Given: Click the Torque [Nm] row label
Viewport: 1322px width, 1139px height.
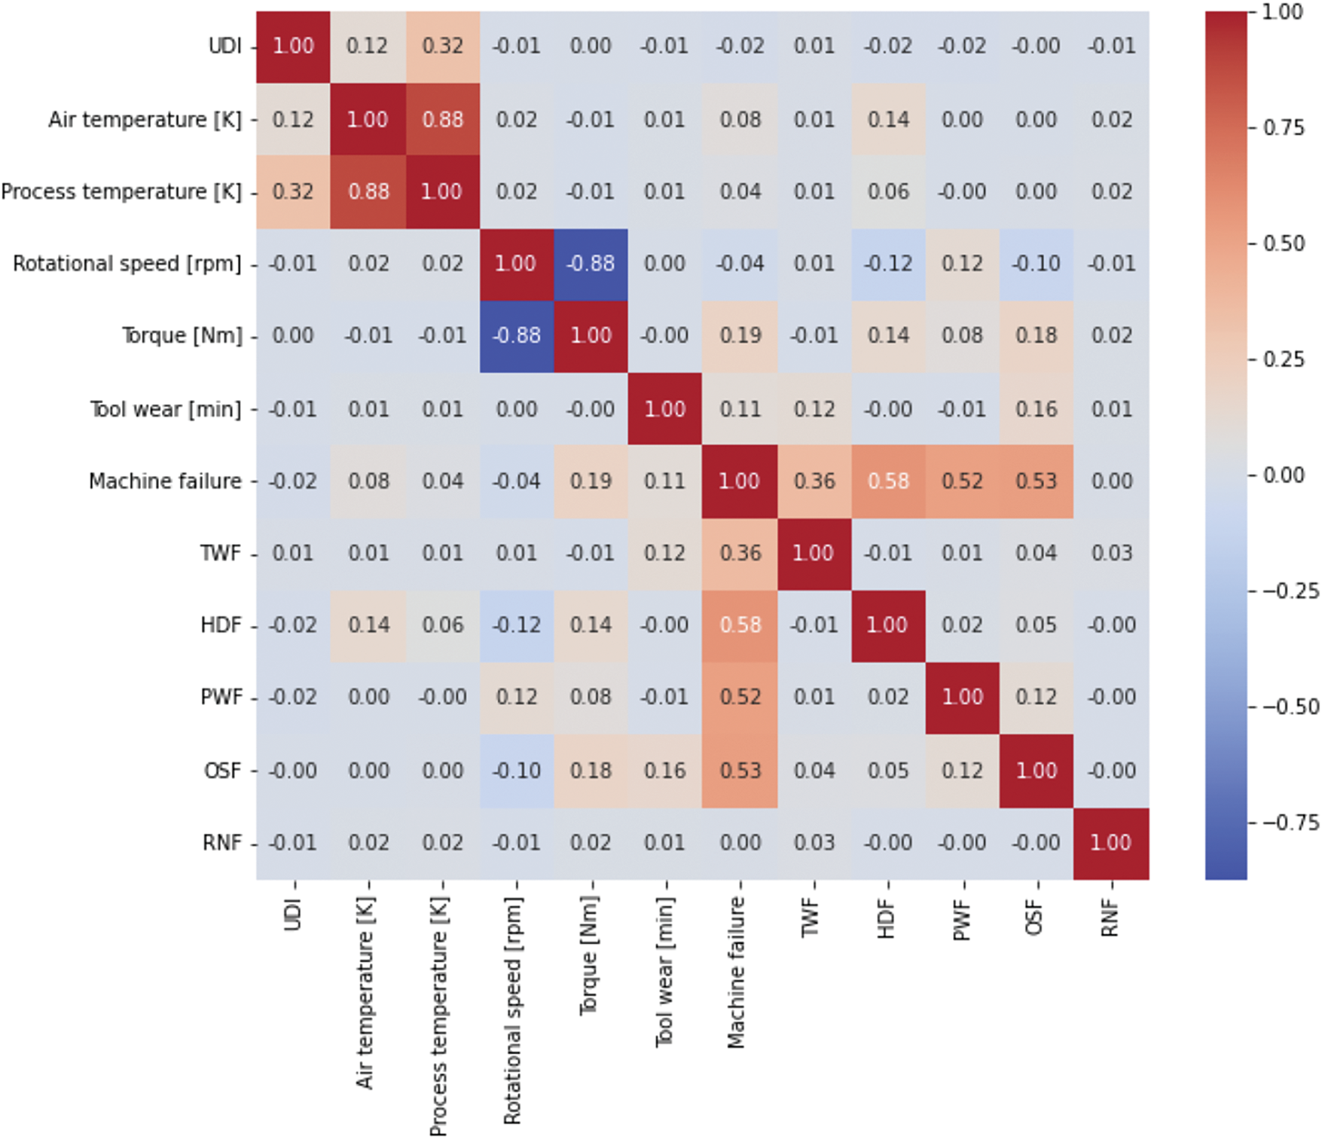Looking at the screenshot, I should [182, 335].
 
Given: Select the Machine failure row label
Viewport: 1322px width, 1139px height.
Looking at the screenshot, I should [165, 481].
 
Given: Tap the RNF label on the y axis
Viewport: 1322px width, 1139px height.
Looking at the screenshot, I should [221, 842].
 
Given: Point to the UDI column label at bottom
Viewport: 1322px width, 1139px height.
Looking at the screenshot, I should [293, 915].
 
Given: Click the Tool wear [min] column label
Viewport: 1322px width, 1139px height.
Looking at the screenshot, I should [664, 972].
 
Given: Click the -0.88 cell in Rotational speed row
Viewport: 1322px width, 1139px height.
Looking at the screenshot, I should [591, 264].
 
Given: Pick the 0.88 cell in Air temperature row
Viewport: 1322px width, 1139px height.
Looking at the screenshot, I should [442, 119].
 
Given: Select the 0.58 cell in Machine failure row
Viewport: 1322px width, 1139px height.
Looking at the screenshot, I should [888, 481].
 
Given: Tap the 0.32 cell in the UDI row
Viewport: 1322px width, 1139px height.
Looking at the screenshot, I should [442, 46].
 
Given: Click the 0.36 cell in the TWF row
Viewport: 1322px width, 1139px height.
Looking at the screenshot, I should [740, 553].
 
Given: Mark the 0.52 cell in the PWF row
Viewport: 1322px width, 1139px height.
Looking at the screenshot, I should [740, 697].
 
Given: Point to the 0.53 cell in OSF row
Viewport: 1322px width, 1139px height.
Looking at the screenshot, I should [740, 771].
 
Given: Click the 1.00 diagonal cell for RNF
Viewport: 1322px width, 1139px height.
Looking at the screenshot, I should [1110, 842].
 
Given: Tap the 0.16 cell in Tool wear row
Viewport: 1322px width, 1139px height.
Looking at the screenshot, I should [1036, 409].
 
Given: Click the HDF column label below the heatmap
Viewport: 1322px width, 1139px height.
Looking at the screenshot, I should [886, 918].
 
